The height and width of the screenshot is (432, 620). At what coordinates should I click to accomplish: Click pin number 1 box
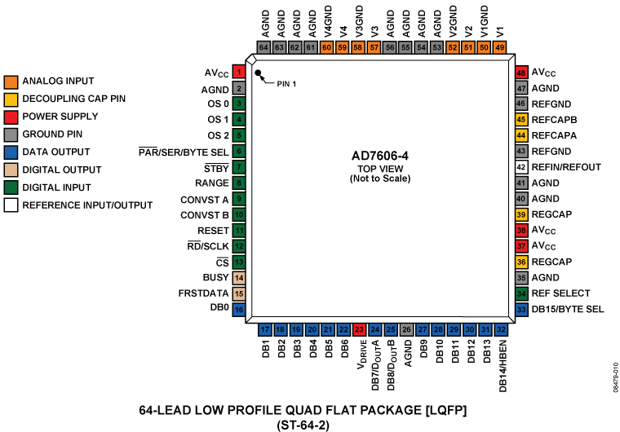click(239, 73)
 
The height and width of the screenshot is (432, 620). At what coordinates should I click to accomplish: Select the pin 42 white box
click(520, 166)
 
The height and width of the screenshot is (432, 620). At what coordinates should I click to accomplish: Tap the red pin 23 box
click(359, 329)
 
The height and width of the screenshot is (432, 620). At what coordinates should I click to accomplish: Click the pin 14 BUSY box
click(239, 278)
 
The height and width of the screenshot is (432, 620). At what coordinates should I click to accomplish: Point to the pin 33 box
click(520, 309)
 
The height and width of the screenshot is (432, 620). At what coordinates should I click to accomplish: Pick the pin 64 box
click(263, 47)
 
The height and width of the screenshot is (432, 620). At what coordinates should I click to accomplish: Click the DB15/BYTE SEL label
click(568, 309)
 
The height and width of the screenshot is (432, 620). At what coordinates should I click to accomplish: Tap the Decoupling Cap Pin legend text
click(74, 99)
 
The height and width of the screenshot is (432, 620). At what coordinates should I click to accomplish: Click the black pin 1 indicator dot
click(259, 74)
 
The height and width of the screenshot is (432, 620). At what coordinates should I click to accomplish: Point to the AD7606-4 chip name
click(382, 155)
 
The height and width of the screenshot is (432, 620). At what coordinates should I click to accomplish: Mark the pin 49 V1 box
click(500, 47)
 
